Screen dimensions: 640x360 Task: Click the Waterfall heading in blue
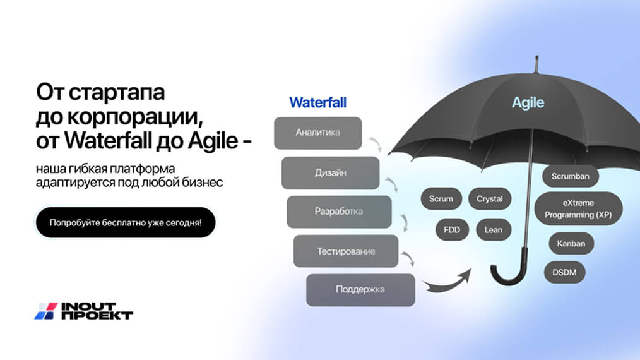317,102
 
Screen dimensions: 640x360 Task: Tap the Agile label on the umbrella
528,102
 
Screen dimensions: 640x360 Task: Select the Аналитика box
318,133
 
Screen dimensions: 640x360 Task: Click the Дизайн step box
330,172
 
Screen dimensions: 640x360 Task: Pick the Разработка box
339,212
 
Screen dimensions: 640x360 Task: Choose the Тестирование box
346,251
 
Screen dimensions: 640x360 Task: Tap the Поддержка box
360,290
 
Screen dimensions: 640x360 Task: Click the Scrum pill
441,199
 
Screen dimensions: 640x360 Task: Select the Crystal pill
489,199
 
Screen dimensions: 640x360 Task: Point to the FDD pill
452,230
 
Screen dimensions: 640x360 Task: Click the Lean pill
494,230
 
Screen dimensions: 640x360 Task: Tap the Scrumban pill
570,176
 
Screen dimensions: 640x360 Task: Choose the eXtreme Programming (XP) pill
578,208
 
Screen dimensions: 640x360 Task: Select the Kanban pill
571,244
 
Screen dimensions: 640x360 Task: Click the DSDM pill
564,272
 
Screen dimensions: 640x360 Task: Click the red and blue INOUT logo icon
46,311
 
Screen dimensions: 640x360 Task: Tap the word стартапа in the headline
117,92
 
